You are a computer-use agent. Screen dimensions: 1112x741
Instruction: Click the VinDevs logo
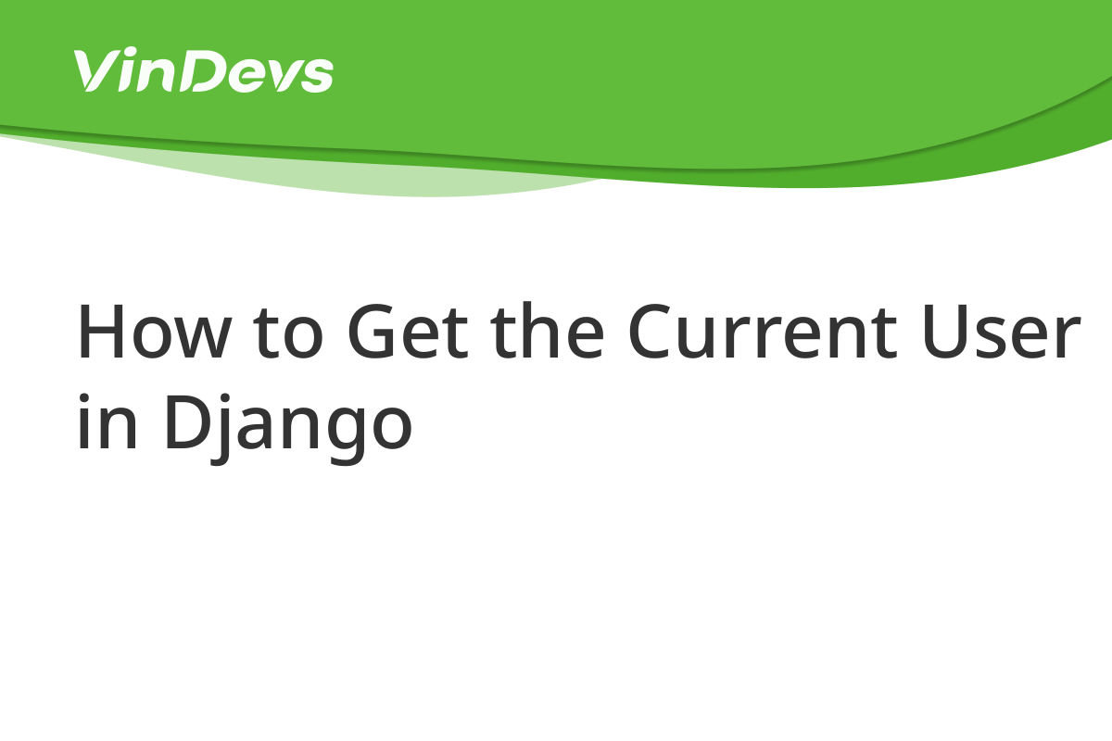[x=203, y=69]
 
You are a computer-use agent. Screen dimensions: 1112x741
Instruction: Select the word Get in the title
[x=408, y=331]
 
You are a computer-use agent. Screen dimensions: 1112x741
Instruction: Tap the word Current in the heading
[x=763, y=331]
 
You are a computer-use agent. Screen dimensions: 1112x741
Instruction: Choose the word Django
[x=288, y=428]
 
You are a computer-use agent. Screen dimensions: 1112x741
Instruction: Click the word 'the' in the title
[x=547, y=330]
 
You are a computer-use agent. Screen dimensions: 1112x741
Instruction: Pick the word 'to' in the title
[x=288, y=334]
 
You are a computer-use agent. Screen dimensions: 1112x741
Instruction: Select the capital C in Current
[x=651, y=331]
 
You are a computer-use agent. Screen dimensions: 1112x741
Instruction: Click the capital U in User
[x=946, y=332]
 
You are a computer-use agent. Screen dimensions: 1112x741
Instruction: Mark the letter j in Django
[x=221, y=429]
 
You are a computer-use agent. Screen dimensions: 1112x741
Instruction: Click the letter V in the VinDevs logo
[x=96, y=70]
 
